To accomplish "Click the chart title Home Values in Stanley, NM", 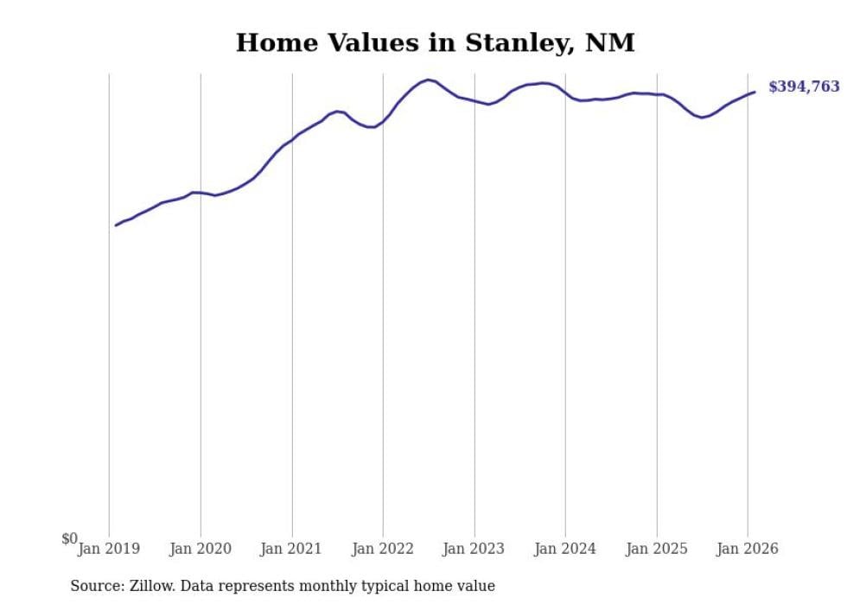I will (435, 42).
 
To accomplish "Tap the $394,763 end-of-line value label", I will (803, 86).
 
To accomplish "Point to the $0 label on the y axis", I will (69, 538).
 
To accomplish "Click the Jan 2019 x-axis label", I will (109, 549).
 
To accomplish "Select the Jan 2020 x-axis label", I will (201, 549).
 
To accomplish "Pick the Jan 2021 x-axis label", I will (292, 549).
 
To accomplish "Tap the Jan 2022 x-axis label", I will (383, 549).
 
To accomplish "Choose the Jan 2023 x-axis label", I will (474, 549).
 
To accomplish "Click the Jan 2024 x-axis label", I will (565, 549).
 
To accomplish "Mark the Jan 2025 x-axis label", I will (657, 549).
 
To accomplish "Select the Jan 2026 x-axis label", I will (748, 549).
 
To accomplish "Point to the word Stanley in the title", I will (517, 42).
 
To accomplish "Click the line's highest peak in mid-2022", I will (429, 79).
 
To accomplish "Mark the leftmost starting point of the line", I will (116, 226).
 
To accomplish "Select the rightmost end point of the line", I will (755, 92).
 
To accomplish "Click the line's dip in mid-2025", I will (702, 117).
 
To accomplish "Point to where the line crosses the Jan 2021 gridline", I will (292, 140).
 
